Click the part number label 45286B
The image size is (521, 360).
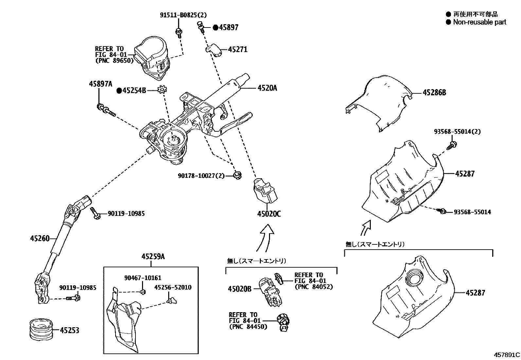point(434,93)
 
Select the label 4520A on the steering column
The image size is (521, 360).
point(267,88)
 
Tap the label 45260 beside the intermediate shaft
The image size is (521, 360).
point(40,238)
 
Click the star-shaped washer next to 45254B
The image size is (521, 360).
point(162,90)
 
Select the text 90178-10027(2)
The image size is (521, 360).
point(201,176)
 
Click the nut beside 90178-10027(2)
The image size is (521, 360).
point(238,175)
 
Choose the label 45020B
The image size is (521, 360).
point(240,289)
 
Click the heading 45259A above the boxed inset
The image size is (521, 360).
point(153,257)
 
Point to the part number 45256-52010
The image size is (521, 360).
point(172,287)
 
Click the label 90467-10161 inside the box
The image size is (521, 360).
point(143,278)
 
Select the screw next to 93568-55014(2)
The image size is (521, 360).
point(453,144)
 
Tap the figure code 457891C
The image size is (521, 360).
point(507,355)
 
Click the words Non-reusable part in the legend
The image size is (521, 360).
point(479,22)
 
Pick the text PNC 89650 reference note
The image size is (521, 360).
point(114,61)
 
